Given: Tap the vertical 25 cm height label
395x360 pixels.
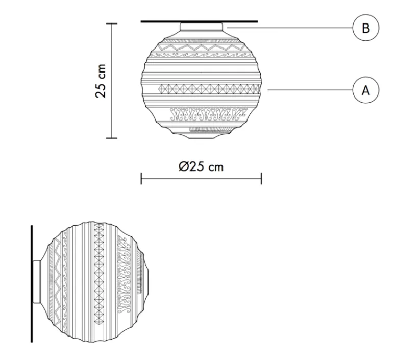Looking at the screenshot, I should pyautogui.click(x=102, y=81).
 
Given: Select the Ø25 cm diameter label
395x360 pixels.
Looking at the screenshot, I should pyautogui.click(x=201, y=167).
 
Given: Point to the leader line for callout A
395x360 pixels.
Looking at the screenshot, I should pyautogui.click(x=309, y=90).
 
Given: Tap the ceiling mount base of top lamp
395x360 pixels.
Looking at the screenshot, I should pyautogui.click(x=201, y=27).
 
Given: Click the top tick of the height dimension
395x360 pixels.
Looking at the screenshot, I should pyautogui.click(x=112, y=23).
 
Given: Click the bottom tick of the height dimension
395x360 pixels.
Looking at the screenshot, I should pyautogui.click(x=112, y=138).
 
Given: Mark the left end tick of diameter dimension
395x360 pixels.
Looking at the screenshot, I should pyautogui.click(x=141, y=179).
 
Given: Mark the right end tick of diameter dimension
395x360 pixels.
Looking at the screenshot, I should pyautogui.click(x=261, y=179).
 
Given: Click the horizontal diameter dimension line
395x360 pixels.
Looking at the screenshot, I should pyautogui.click(x=201, y=179).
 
